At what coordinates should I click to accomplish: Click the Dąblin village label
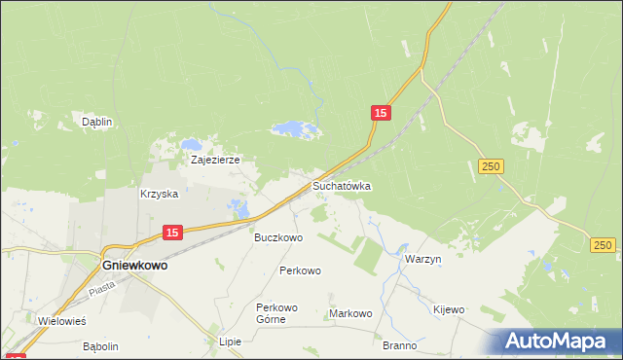(x=97, y=122)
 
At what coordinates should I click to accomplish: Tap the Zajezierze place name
(x=215, y=160)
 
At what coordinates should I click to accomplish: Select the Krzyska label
(x=160, y=194)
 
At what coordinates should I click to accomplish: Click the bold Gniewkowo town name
(x=134, y=264)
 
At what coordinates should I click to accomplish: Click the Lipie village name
(x=230, y=342)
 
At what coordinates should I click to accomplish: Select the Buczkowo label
(x=278, y=237)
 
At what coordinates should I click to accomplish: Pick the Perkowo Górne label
(x=276, y=313)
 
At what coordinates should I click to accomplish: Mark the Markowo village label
(x=351, y=313)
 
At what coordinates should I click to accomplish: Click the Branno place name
(x=399, y=345)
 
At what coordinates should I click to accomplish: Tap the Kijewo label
(x=449, y=309)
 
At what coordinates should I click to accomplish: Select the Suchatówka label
(x=342, y=185)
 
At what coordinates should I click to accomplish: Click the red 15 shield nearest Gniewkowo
(x=171, y=233)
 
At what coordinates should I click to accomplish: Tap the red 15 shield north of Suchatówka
(x=381, y=114)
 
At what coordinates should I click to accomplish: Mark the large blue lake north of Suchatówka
(x=294, y=128)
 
